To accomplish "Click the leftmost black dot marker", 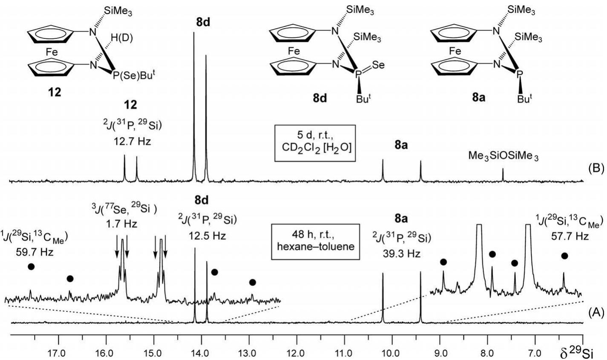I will click(x=30, y=267).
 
